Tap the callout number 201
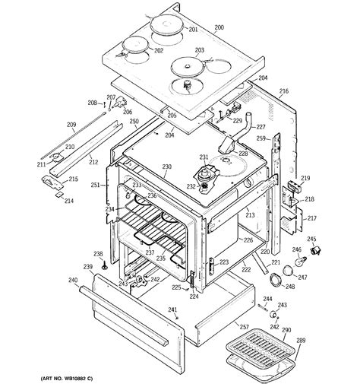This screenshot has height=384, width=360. pyautogui.click(x=193, y=29)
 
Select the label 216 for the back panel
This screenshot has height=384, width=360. pyautogui.click(x=283, y=91)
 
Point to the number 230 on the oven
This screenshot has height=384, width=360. pyautogui.click(x=167, y=167)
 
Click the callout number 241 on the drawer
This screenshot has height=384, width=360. pyautogui.click(x=172, y=310)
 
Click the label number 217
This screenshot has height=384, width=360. pyautogui.click(x=310, y=218)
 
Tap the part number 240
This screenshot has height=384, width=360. pyautogui.click(x=73, y=281)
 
